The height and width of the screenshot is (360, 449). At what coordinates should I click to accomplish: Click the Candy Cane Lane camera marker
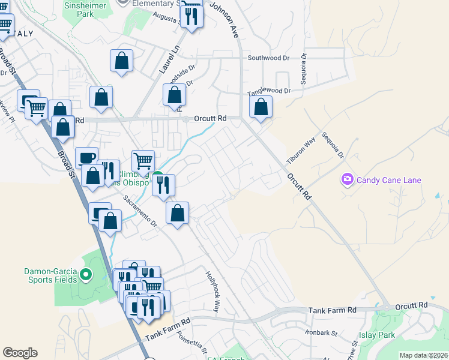pyautogui.click(x=347, y=179)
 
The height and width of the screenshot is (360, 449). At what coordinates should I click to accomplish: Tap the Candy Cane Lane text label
pyautogui.click(x=389, y=180)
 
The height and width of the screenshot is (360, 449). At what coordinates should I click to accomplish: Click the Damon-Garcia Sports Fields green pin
pyautogui.click(x=85, y=276)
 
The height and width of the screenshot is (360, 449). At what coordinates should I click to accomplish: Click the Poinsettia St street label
pyautogui.click(x=192, y=344)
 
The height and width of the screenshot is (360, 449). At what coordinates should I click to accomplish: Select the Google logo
pyautogui.click(x=20, y=353)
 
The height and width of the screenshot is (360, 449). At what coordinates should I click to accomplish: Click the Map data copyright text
pyautogui.click(x=423, y=355)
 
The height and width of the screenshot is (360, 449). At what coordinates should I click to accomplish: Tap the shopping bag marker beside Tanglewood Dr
pyautogui.click(x=261, y=108)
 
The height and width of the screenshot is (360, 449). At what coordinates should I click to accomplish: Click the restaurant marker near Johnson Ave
pyautogui.click(x=192, y=16)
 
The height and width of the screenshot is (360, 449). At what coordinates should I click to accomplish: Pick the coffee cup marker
pyautogui.click(x=88, y=157)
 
